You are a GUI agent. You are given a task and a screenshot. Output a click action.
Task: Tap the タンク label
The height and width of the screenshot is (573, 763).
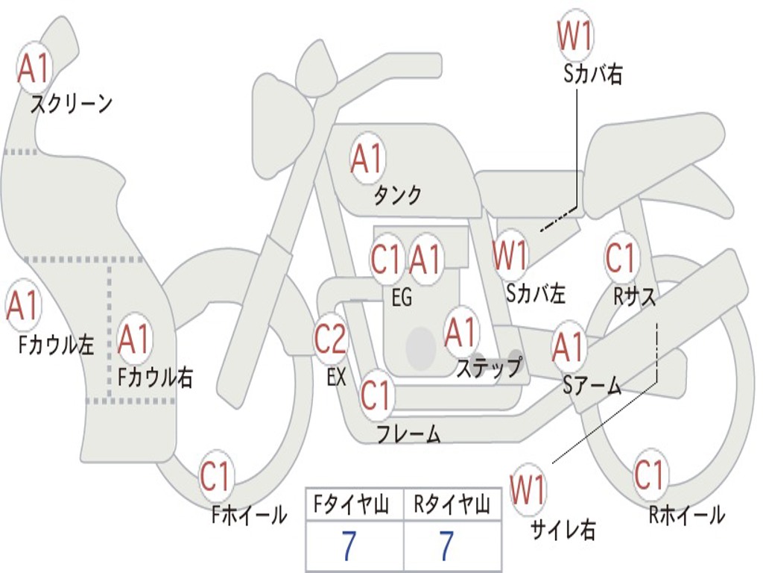(x=397, y=195)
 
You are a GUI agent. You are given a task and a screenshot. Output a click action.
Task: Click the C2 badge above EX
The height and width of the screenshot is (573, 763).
(x=330, y=339)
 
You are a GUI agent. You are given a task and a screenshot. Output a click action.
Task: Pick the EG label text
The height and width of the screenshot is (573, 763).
(x=402, y=297)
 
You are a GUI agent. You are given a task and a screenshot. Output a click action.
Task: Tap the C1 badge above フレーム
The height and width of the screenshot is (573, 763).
(x=376, y=395)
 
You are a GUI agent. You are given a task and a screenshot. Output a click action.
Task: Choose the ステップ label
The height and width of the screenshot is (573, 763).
(x=489, y=367)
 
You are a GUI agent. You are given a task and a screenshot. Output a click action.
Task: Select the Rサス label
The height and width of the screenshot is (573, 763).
(x=635, y=296)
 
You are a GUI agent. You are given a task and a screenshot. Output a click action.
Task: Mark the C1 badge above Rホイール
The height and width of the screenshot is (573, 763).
(x=650, y=474)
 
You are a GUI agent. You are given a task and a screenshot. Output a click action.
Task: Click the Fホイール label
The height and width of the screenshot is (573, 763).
(x=249, y=515)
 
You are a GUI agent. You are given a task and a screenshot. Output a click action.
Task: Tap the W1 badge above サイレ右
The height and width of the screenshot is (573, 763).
(x=528, y=490)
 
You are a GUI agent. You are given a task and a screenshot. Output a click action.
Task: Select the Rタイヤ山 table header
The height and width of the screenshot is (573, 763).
(x=452, y=507)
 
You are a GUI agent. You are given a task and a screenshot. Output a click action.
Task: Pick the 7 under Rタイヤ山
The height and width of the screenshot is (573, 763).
(x=446, y=547)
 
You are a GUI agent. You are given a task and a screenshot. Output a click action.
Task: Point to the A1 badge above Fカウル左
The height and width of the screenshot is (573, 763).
(x=22, y=306)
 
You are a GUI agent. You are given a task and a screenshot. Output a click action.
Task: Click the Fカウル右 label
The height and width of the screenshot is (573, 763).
(x=156, y=377)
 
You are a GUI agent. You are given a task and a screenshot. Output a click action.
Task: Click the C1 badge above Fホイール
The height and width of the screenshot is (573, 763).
(x=217, y=477)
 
